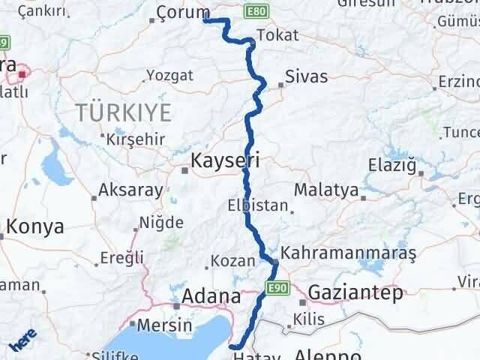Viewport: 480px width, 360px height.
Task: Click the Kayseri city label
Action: pyautogui.click(x=225, y=160)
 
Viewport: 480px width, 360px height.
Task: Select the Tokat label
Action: pyautogui.click(x=277, y=35)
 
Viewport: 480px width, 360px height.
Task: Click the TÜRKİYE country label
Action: pyautogui.click(x=123, y=113)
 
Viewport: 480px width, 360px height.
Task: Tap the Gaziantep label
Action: pyautogui.click(x=355, y=292)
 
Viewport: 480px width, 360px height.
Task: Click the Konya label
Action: pyautogui.click(x=35, y=227)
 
